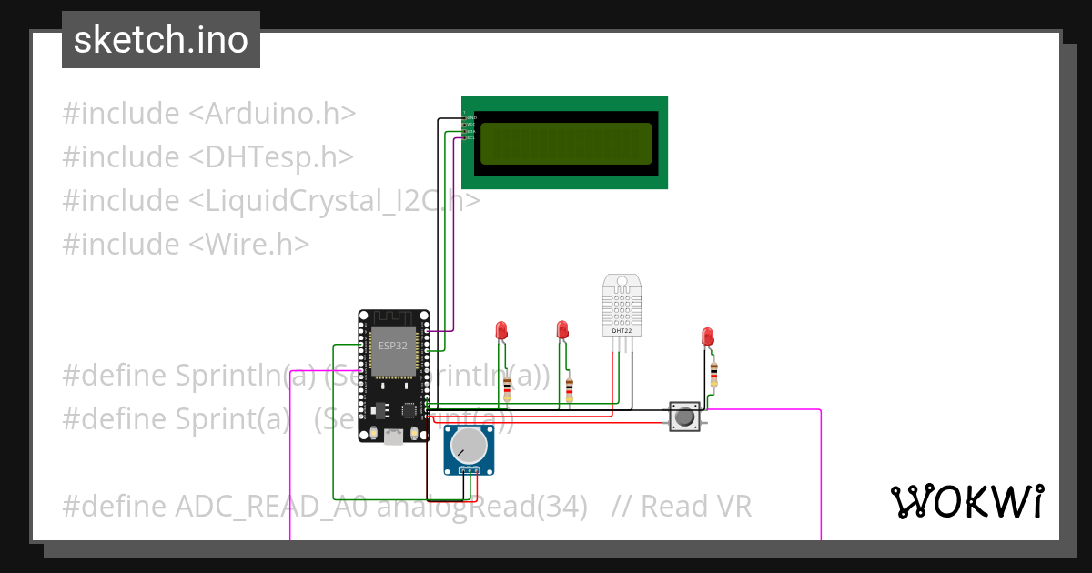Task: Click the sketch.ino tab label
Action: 161,40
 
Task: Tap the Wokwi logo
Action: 966,501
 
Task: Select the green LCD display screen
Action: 565,144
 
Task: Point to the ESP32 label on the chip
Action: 393,347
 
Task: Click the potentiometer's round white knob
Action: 469,446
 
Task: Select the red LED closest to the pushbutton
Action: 707,337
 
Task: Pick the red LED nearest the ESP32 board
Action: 500,329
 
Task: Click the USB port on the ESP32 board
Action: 393,436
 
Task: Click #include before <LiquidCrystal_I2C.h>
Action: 121,200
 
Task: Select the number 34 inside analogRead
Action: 554,506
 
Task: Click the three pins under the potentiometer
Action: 469,470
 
